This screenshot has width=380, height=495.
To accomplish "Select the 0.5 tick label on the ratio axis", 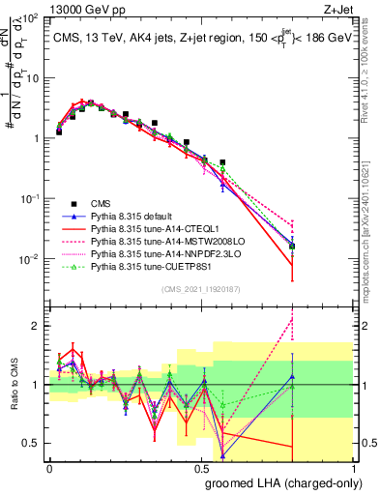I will (x=32, y=444).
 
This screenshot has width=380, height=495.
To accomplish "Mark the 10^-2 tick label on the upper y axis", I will (x=30, y=259).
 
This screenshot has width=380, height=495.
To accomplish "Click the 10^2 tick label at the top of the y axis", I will (x=30, y=19).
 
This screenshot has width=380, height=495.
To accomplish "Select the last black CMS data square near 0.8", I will (x=292, y=247).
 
